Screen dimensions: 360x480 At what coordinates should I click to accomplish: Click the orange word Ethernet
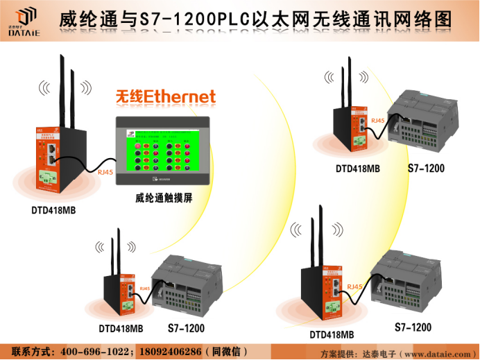coord(180,97)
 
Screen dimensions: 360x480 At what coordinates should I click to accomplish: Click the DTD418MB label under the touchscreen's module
coord(53,210)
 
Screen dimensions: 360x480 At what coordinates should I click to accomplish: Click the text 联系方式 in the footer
coord(34,351)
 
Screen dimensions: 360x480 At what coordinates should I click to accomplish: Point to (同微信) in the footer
coord(226,351)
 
